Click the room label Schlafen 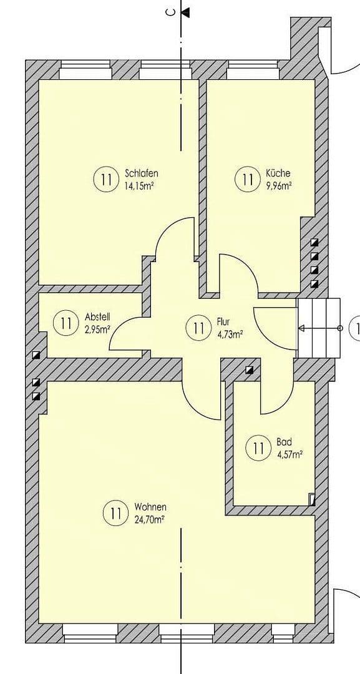(142, 173)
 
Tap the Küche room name (278, 173)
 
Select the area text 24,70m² (150, 519)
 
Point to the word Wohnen (150, 507)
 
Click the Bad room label (284, 442)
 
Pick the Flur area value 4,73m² (230, 334)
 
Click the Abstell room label (97, 317)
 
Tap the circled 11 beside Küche (248, 180)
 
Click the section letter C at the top (170, 12)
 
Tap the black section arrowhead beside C (185, 12)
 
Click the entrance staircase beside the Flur (319, 328)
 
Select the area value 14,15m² (140, 186)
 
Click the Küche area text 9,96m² (280, 186)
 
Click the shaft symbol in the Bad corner (312, 500)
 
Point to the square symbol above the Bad (250, 369)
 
